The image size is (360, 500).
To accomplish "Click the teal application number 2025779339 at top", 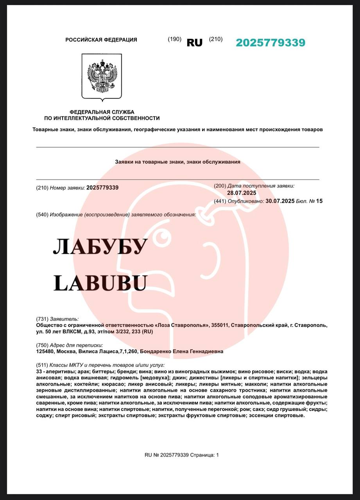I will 270,43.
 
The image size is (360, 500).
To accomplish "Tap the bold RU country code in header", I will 195,43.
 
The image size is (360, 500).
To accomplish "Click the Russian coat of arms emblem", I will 102,76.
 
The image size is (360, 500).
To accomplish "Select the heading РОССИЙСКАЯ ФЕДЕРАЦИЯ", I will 101,40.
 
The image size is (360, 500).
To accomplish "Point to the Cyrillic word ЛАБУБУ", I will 100,246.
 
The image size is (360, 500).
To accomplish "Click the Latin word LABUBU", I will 100,283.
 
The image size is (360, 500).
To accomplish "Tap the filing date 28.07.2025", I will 242,193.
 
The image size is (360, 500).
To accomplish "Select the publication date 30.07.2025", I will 280,201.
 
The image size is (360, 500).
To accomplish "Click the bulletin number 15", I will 319,201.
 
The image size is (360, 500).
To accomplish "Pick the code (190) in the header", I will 174,39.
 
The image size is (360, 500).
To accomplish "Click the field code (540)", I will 42,215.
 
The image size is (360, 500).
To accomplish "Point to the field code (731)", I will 42,319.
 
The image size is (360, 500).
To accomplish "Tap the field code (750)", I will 42,345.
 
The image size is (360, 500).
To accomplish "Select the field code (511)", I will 42,365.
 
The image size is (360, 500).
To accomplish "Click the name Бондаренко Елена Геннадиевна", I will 181,352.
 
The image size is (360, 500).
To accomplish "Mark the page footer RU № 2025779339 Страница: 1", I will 182,455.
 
